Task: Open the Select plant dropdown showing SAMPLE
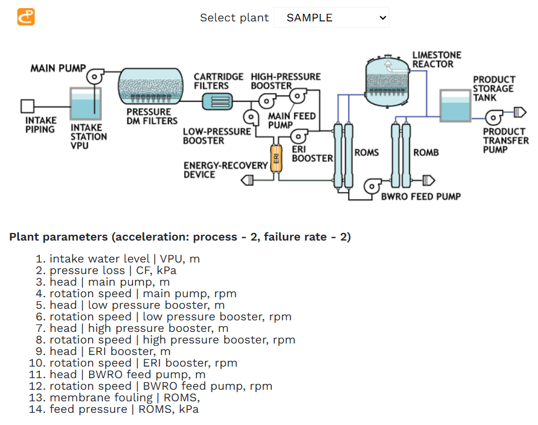point(331,17)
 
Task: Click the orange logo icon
point(26,17)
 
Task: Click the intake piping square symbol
point(27,106)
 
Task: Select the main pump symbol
point(94,76)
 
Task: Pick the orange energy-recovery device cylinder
point(277,157)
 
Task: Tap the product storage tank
point(455,106)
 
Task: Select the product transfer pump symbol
point(493,117)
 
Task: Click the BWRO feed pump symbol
point(372,186)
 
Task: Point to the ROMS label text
point(366,153)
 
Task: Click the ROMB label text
point(426,153)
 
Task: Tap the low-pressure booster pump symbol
point(250,117)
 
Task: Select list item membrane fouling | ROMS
point(124,397)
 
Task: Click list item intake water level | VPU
point(124,258)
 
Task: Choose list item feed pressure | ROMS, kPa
point(124,409)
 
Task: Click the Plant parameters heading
point(180,237)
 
